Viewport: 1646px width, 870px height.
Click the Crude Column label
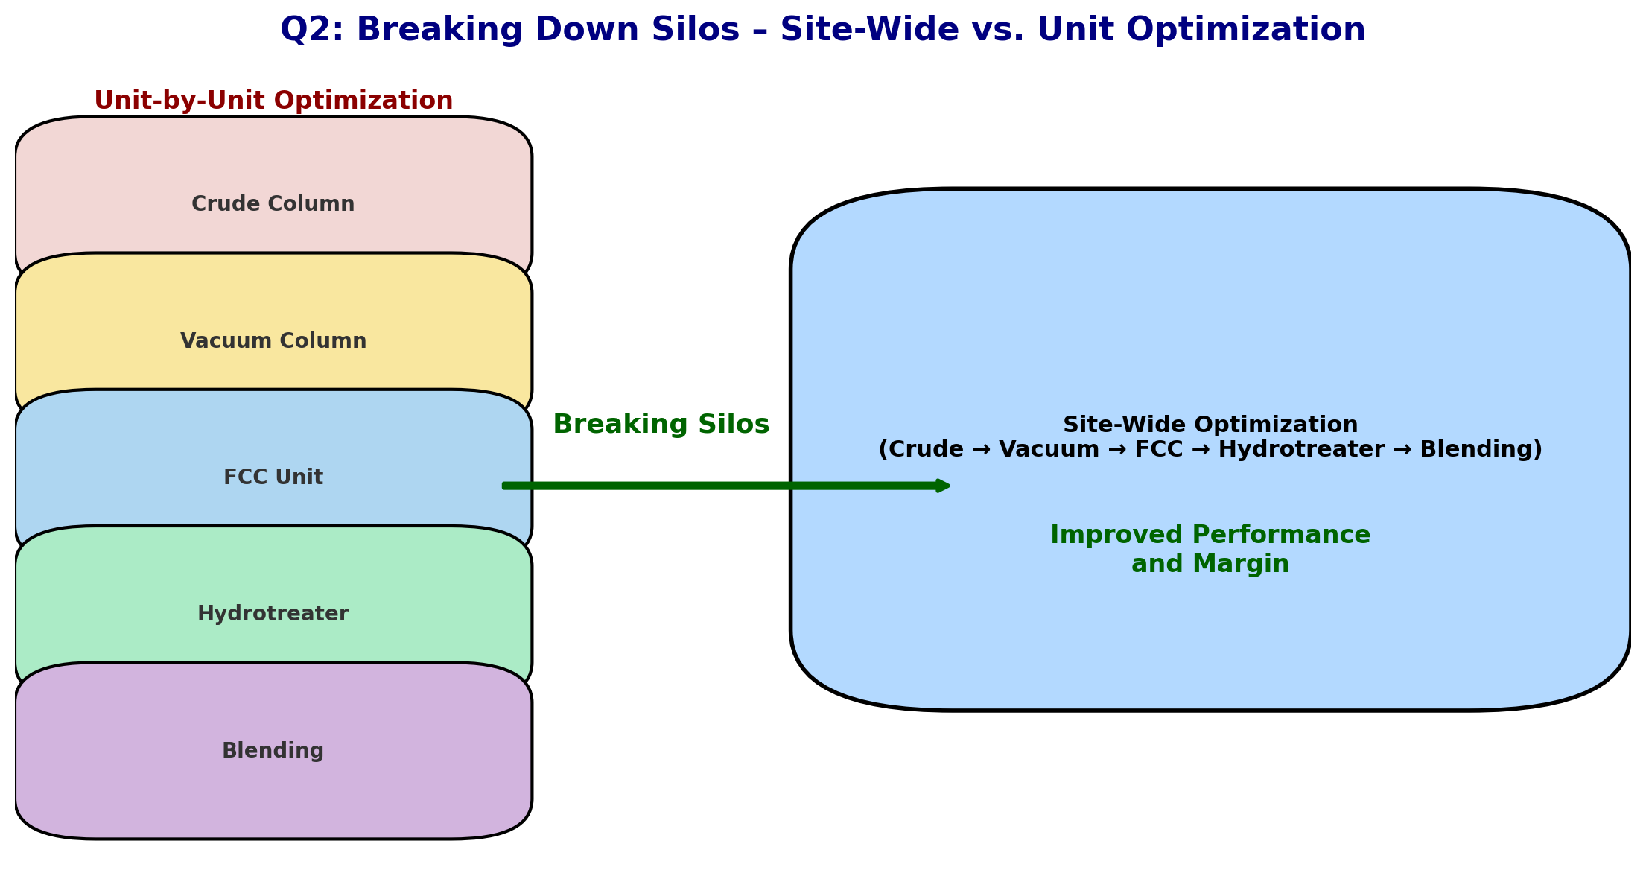coord(273,204)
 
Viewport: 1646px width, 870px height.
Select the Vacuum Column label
coord(273,341)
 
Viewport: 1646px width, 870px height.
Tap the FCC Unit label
coord(273,477)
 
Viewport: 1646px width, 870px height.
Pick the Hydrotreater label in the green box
coord(273,614)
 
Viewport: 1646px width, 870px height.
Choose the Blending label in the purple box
coord(273,751)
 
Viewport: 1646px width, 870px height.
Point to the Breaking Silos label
coord(661,425)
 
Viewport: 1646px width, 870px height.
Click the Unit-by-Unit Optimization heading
coord(273,101)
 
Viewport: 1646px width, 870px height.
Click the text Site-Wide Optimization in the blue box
coord(1210,425)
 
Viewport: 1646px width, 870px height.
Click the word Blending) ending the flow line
coord(1481,450)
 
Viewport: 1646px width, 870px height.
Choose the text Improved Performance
coord(1210,536)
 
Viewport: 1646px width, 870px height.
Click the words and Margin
coord(1210,565)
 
